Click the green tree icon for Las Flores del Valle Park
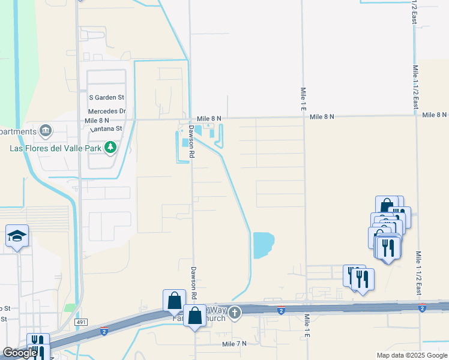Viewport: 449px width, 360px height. pyautogui.click(x=109, y=146)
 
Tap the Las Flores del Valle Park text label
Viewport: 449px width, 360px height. pyautogui.click(x=55, y=147)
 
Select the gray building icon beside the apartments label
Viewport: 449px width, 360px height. pyautogui.click(x=45, y=131)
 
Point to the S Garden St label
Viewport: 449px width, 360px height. pyautogui.click(x=106, y=97)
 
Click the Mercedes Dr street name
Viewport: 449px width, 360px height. pyautogui.click(x=107, y=112)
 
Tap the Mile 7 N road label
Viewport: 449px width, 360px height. pyautogui.click(x=234, y=344)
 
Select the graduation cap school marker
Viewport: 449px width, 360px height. pyautogui.click(x=17, y=236)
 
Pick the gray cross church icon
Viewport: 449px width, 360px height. pyautogui.click(x=235, y=312)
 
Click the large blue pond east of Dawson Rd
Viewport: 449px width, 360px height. pyautogui.click(x=263, y=245)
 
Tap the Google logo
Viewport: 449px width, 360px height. pyautogui.click(x=19, y=353)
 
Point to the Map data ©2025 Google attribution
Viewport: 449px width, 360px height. pyautogui.click(x=411, y=355)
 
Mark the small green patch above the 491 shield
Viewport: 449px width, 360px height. pyautogui.click(x=71, y=308)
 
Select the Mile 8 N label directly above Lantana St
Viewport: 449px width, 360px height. pyautogui.click(x=97, y=121)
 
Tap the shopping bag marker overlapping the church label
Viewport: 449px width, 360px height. pyautogui.click(x=195, y=316)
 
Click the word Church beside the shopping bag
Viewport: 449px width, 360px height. pyautogui.click(x=214, y=318)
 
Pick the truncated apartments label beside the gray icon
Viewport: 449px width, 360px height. pyautogui.click(x=17, y=131)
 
